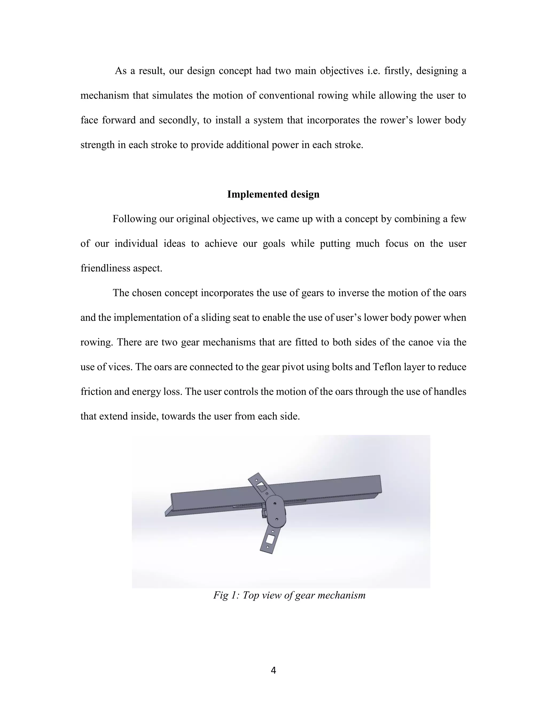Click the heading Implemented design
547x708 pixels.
click(273, 194)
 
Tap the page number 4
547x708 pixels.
click(273, 670)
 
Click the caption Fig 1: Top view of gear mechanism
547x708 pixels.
click(289, 595)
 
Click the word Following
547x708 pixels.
click(135, 219)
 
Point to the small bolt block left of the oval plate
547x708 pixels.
click(263, 514)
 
